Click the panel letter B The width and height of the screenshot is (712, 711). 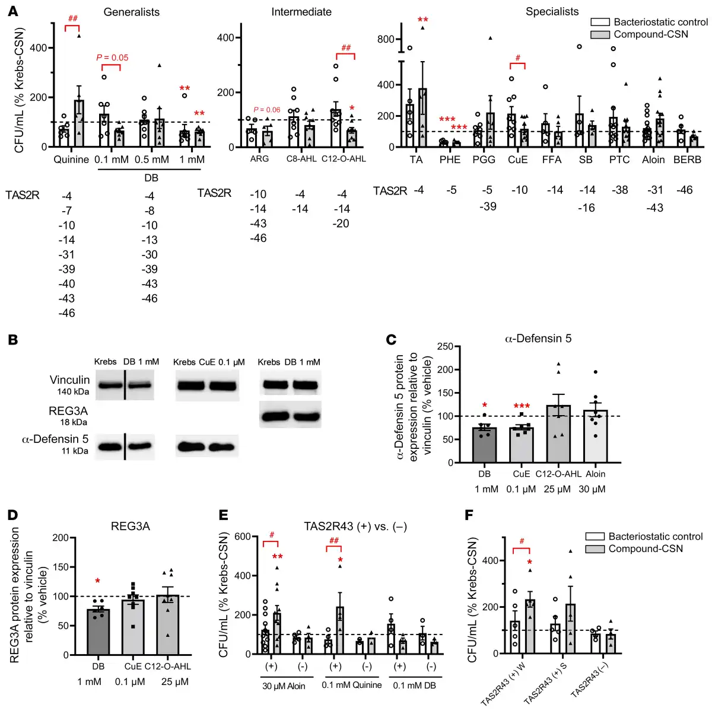pos(12,340)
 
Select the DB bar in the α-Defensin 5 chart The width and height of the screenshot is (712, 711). pos(485,445)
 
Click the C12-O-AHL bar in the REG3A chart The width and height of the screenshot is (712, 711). pos(168,625)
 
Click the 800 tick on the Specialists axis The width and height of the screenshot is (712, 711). pos(386,39)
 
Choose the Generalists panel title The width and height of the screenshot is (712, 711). pos(131,12)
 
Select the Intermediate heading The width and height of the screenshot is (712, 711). pos(301,12)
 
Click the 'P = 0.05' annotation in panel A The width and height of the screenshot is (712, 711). pos(112,58)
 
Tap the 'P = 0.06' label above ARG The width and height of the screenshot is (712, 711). pos(266,110)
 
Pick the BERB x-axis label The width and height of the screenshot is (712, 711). pos(687,160)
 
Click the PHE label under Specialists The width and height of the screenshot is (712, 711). pos(450,160)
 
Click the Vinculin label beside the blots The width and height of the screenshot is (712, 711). pos(69,380)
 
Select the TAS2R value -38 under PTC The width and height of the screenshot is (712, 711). pos(620,190)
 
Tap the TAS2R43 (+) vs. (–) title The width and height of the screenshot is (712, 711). pos(355,527)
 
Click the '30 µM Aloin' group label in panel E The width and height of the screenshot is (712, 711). pos(284,686)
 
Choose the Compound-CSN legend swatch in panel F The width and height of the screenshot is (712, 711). pos(595,549)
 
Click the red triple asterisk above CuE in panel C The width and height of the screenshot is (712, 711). pos(522,407)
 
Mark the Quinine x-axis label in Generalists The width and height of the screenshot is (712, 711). pos(71,160)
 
